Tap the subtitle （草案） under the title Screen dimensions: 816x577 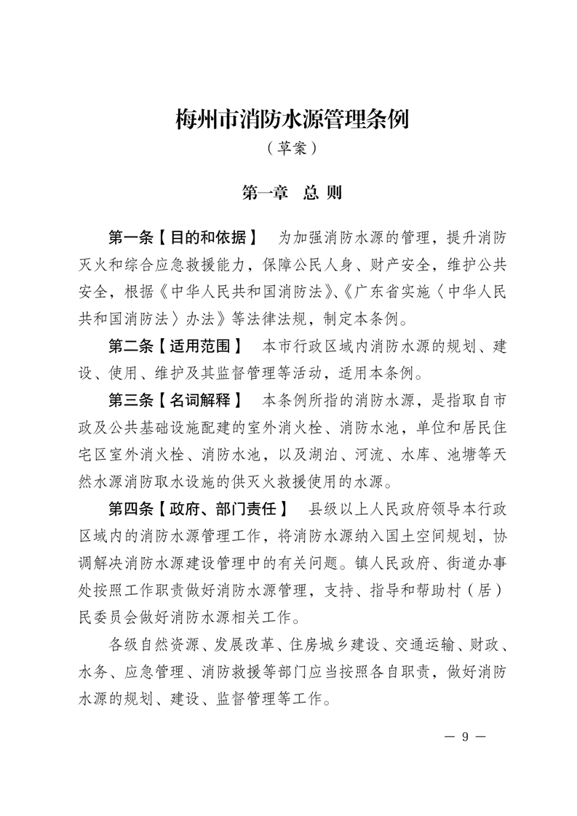pyautogui.click(x=292, y=148)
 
